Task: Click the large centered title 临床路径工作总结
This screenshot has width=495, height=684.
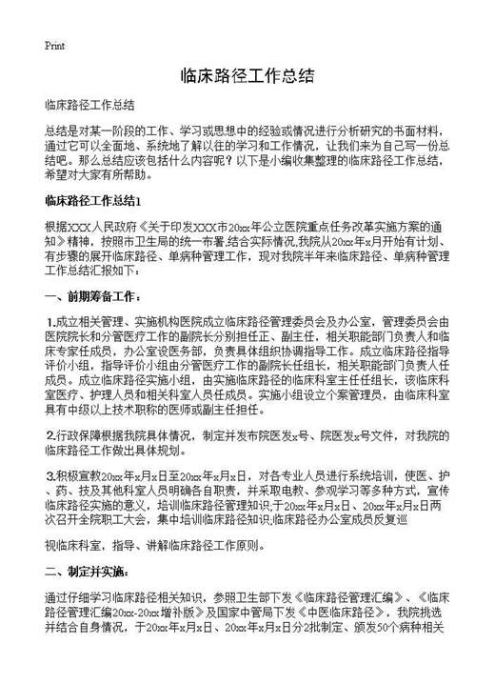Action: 247,76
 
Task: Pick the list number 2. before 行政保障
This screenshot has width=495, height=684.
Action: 50,435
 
